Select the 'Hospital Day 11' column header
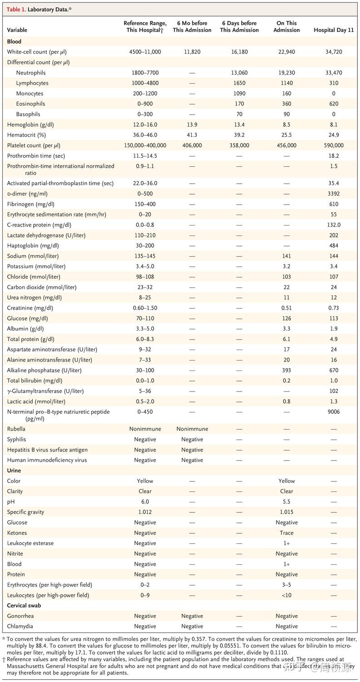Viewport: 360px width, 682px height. click(334, 30)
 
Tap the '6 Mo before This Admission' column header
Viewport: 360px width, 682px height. click(192, 27)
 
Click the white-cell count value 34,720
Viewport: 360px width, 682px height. click(334, 52)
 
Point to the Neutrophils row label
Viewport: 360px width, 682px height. click(31, 73)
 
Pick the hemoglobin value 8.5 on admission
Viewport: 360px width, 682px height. click(286, 125)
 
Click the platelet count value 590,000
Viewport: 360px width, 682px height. click(334, 145)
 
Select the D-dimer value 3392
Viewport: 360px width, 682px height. click(334, 194)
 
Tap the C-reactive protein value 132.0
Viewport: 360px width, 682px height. click(334, 225)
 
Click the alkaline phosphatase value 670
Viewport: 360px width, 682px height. click(334, 370)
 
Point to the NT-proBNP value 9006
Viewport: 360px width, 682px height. click(334, 412)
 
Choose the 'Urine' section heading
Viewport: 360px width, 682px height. click(14, 471)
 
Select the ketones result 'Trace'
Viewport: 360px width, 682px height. click(286, 533)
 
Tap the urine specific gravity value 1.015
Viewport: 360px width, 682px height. click(286, 512)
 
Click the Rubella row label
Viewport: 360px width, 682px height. click(16, 429)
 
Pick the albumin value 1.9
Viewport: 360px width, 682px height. click(334, 329)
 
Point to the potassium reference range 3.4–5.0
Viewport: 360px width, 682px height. click(145, 266)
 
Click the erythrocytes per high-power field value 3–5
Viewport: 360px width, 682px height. click(286, 585)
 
